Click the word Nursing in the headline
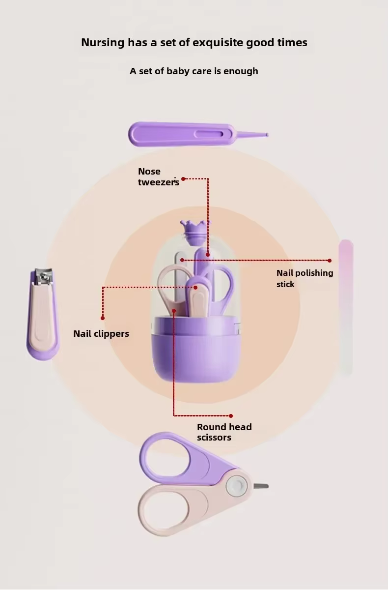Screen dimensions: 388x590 (x=103, y=43)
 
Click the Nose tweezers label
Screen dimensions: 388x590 (x=158, y=177)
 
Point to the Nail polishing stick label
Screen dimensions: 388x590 (x=305, y=278)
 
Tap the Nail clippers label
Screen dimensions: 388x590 (x=101, y=334)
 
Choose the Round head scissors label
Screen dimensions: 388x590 (x=224, y=432)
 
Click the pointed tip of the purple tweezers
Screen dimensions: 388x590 (x=267, y=135)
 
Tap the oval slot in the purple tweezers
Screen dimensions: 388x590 (x=209, y=134)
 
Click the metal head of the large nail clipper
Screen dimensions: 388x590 (x=43, y=276)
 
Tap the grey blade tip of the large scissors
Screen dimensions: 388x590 (x=261, y=486)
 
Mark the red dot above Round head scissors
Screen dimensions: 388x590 (x=231, y=416)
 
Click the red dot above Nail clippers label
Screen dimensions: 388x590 (x=103, y=318)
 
